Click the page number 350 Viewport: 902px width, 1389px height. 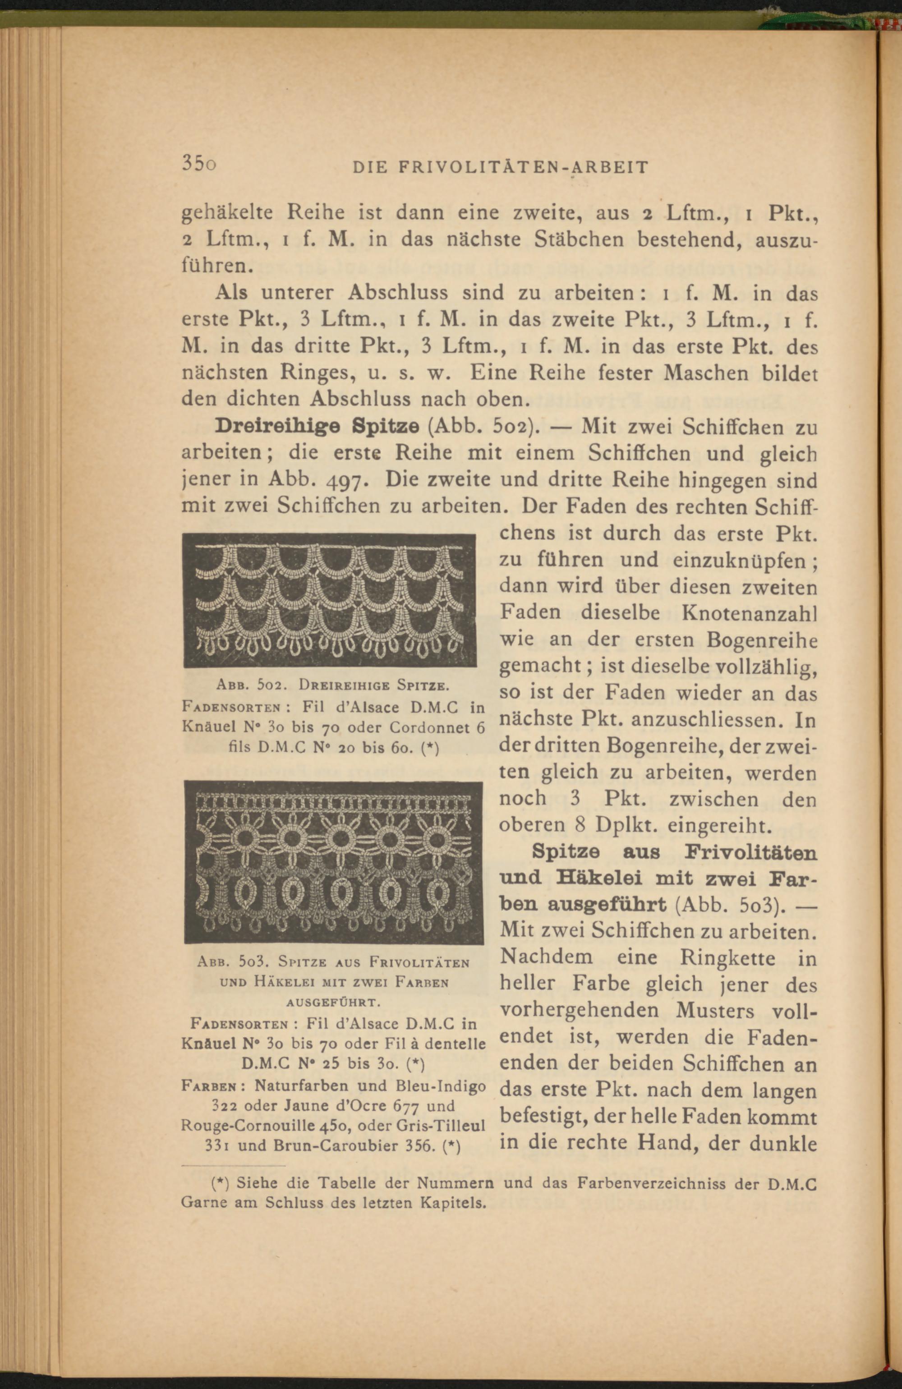coord(198,165)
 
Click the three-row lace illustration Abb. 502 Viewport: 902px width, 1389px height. coord(329,600)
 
